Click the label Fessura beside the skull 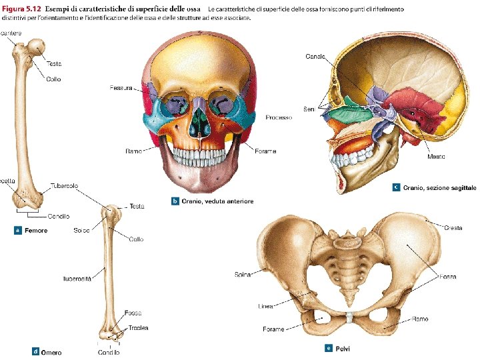tap(121, 87)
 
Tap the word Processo tap(279, 117)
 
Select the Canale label tap(315, 56)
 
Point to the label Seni tap(309, 109)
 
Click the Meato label tap(436, 157)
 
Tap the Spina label tap(243, 274)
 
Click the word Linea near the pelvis tap(265, 307)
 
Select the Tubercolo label tap(64, 185)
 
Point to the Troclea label tap(139, 327)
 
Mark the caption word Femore tap(36, 231)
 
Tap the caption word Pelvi tap(343, 348)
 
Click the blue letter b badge tap(175, 201)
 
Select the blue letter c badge tap(397, 188)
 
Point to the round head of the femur tap(38, 47)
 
